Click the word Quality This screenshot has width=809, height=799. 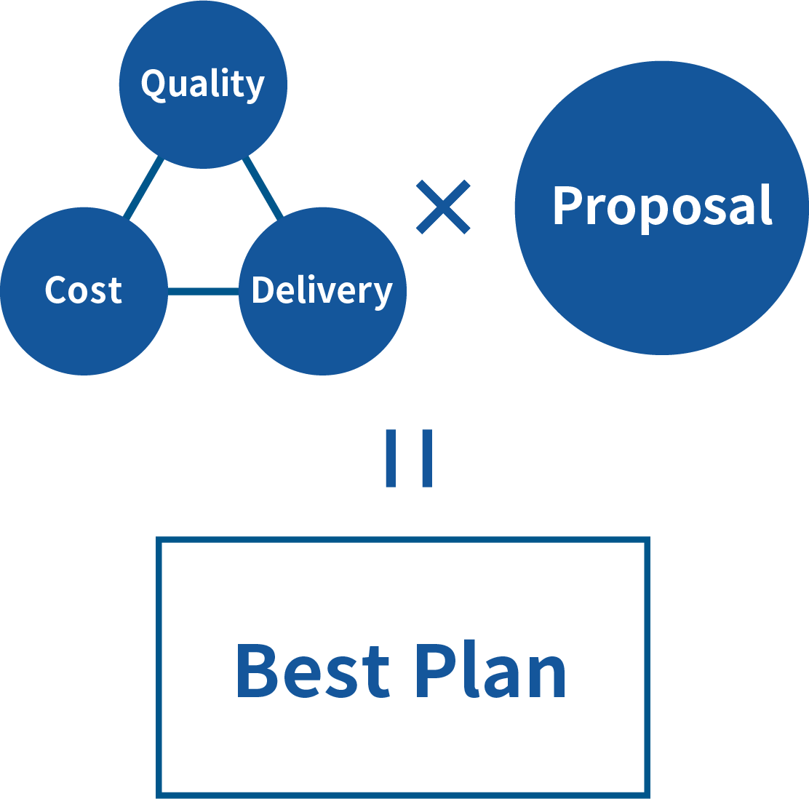tap(202, 84)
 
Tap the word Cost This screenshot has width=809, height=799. tap(84, 290)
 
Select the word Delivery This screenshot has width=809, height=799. tap(322, 290)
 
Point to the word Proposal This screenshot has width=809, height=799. tap(661, 206)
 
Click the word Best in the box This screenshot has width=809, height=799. tap(313, 671)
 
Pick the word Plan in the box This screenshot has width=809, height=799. tap(490, 671)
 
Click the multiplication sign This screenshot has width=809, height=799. tap(443, 207)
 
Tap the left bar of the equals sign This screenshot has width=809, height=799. tap(391, 458)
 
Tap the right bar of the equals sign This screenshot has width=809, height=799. tap(427, 458)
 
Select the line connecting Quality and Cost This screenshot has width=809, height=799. tap(144, 188)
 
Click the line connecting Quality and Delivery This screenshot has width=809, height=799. tap(262, 187)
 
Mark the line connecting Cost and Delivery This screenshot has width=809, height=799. tap(204, 292)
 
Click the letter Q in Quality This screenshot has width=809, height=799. tap(154, 84)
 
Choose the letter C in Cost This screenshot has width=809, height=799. tap(56, 290)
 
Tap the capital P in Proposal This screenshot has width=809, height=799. tap(568, 206)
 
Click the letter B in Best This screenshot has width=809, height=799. tap(255, 671)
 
